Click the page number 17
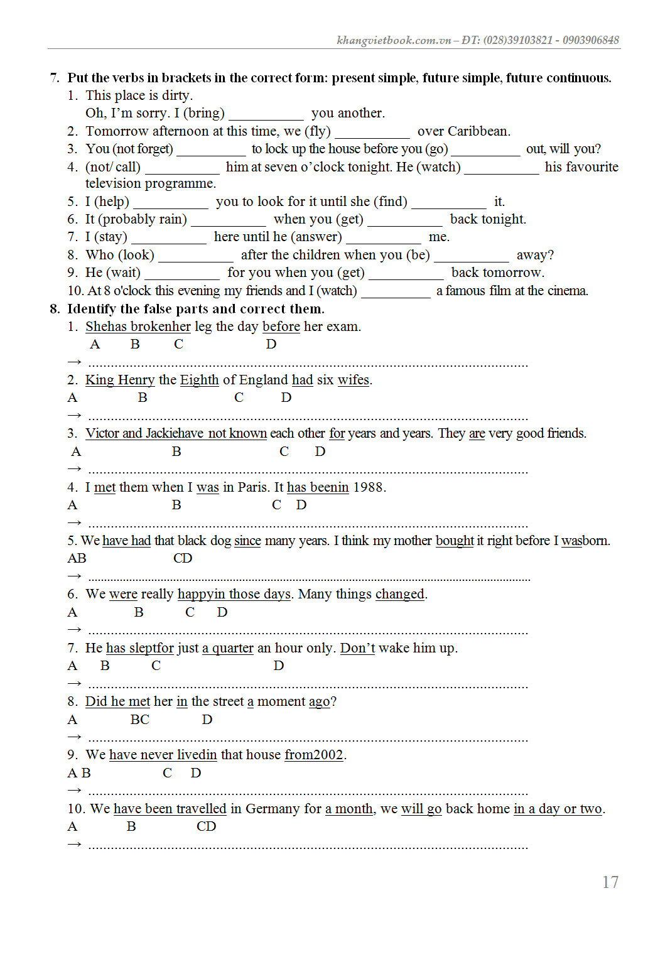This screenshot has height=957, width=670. (x=610, y=882)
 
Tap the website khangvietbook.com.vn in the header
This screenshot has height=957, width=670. (x=394, y=40)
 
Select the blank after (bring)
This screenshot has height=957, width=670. (x=266, y=114)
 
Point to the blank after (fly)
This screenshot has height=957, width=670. (x=372, y=132)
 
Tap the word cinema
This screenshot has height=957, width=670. (x=568, y=291)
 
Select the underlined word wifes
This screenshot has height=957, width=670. (x=354, y=380)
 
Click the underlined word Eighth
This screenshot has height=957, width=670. (x=199, y=380)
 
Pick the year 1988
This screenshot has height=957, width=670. (x=369, y=487)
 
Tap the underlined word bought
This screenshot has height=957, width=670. (x=455, y=541)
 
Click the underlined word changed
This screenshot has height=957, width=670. (x=400, y=594)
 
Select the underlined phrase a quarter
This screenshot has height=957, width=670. (x=228, y=648)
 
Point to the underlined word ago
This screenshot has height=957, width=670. (x=319, y=701)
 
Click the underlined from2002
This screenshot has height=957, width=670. (x=314, y=755)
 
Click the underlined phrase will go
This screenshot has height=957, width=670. (x=421, y=809)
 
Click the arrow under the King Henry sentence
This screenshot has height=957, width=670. (x=75, y=415)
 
